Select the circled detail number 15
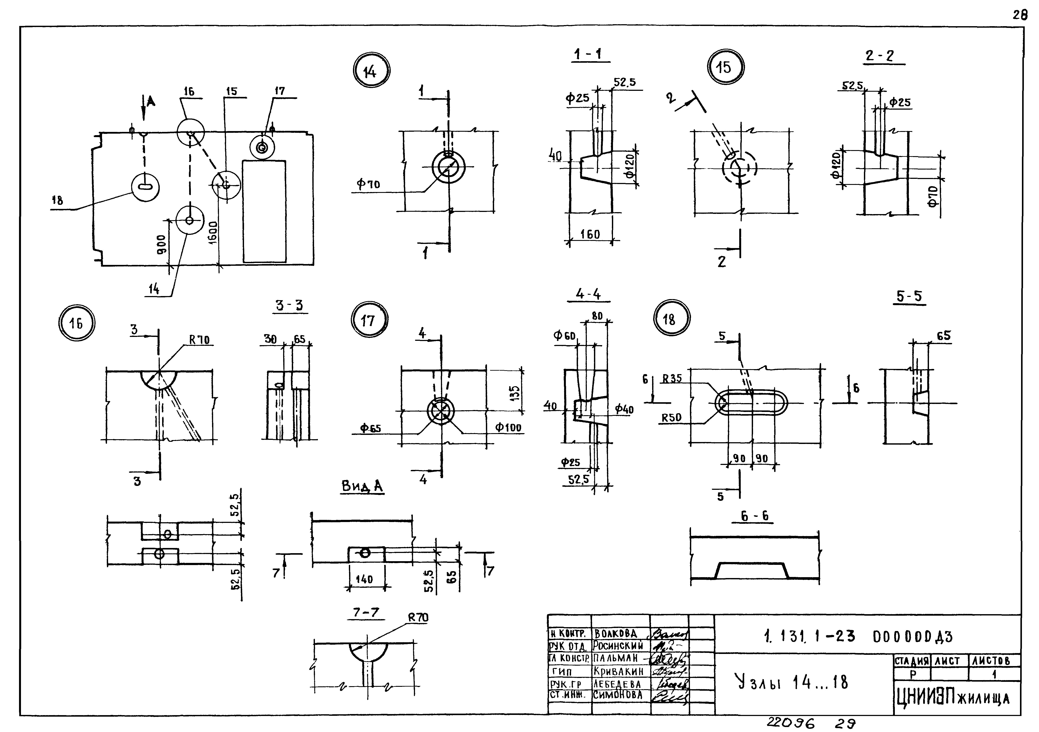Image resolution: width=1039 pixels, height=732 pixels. (x=725, y=67)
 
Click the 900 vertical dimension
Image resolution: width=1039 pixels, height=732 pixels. (x=162, y=244)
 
